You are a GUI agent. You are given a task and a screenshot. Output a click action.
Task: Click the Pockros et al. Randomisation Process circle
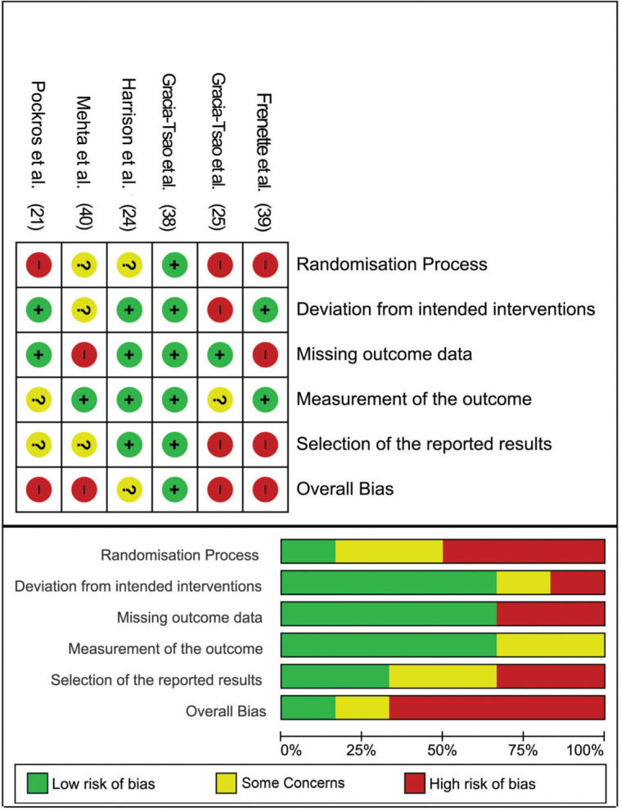pos(38,264)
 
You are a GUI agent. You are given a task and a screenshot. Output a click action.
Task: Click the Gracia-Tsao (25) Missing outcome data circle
pos(218,354)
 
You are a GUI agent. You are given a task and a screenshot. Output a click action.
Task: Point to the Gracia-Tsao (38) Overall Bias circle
pos(173,489)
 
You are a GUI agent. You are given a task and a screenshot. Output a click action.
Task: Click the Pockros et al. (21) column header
pos(38,151)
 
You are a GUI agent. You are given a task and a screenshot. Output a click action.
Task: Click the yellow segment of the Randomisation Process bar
pos(389,552)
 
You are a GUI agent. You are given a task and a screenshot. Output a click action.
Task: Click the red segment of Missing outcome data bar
pos(550,614)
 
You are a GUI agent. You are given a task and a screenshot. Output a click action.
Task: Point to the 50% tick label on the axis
pos(442,750)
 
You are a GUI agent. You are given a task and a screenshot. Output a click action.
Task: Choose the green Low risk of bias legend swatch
pos(36,783)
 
